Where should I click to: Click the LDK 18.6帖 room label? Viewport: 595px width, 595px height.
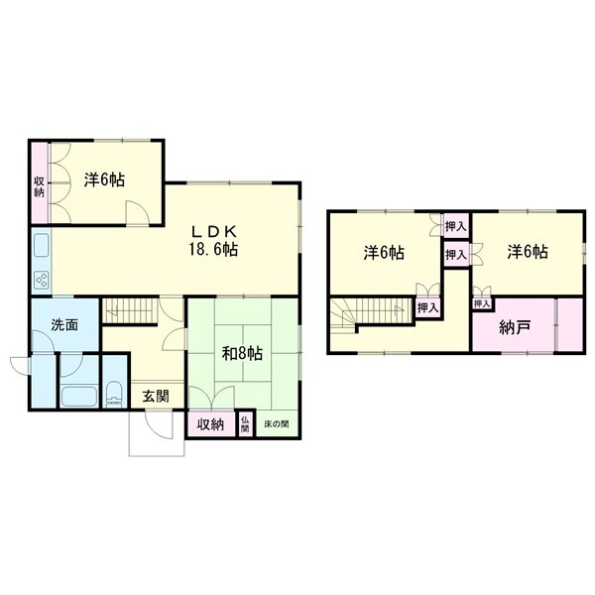click(x=213, y=241)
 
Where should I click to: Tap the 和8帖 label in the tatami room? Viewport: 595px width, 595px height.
click(x=242, y=354)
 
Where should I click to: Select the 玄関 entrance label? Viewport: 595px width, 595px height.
click(x=156, y=397)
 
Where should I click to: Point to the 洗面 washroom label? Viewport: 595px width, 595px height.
click(x=64, y=325)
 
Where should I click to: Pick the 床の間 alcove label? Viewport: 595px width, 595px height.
click(x=277, y=423)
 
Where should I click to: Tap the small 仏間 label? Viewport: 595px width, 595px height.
click(x=245, y=424)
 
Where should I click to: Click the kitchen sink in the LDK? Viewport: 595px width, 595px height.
click(x=42, y=245)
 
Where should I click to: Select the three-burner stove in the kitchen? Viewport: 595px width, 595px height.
click(x=42, y=281)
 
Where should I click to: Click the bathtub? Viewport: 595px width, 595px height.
click(x=79, y=397)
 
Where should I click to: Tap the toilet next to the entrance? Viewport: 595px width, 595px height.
click(x=114, y=395)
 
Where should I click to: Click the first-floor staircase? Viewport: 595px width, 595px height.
click(x=130, y=311)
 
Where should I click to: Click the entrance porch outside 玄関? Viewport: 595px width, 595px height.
click(x=157, y=433)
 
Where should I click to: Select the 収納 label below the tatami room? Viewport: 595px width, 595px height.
click(x=210, y=424)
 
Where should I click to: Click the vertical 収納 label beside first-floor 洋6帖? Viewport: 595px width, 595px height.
click(x=39, y=186)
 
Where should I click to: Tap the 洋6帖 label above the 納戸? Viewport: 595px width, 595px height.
click(x=528, y=252)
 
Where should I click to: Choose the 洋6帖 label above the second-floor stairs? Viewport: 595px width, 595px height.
click(x=384, y=253)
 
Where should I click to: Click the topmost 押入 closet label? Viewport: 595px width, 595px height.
click(x=456, y=227)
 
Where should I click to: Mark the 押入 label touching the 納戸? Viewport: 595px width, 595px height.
click(x=482, y=303)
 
